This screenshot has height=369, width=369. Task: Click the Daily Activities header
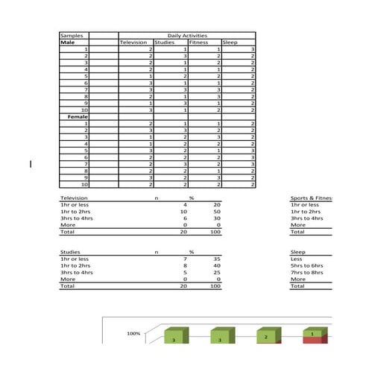click(x=187, y=35)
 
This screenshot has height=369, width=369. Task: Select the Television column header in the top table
click(x=133, y=42)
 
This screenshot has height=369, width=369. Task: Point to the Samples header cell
click(x=72, y=35)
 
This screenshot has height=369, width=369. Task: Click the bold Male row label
click(x=68, y=42)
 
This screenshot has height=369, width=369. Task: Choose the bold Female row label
click(x=78, y=117)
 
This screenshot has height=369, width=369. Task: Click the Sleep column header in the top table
click(x=230, y=42)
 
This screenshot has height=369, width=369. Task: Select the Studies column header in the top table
click(x=164, y=42)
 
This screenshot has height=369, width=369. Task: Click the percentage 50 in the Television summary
click(x=217, y=212)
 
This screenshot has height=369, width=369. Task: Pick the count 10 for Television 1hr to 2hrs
click(x=183, y=212)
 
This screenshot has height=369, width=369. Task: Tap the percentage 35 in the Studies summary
click(x=217, y=259)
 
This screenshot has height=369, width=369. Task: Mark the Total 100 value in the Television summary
click(x=215, y=232)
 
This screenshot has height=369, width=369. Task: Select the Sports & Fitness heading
click(x=312, y=198)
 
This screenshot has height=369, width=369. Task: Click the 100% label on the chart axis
click(x=133, y=334)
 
